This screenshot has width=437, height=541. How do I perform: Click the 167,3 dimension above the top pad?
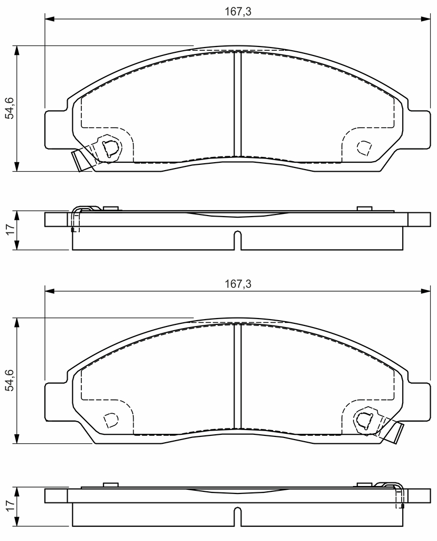click(x=238, y=12)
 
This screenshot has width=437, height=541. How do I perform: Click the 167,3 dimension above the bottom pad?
click(x=238, y=284)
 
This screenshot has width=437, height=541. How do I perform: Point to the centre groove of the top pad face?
click(x=238, y=104)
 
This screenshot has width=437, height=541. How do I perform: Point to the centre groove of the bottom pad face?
click(x=238, y=376)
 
